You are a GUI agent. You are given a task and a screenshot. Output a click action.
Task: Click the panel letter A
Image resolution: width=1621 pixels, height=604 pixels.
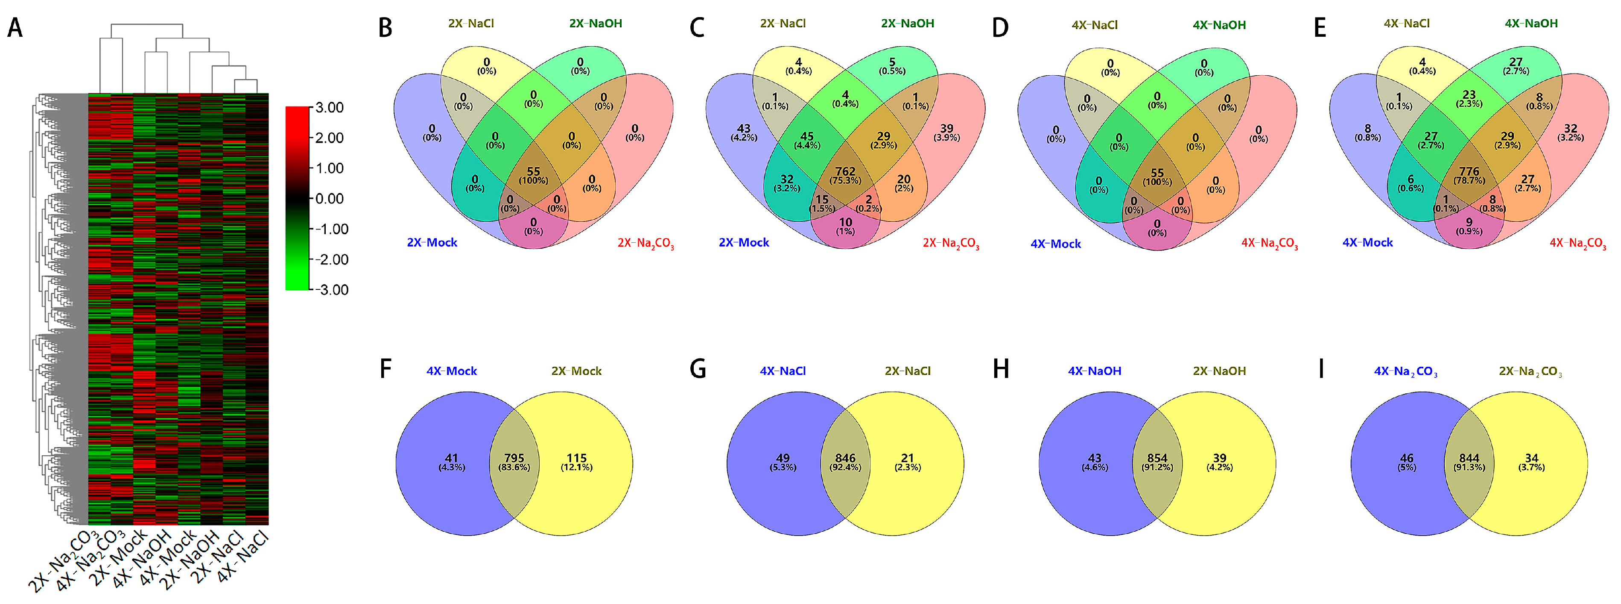coord(15,28)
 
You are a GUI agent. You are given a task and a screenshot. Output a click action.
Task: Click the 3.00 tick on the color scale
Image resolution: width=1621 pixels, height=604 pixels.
coord(329,108)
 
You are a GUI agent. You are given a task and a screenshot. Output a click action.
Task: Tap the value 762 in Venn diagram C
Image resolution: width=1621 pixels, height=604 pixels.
coord(845,171)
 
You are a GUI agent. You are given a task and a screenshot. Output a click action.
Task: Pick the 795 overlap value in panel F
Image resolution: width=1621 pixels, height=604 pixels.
coord(514,459)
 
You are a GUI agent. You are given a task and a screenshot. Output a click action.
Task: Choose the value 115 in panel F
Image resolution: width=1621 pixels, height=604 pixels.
coord(576,459)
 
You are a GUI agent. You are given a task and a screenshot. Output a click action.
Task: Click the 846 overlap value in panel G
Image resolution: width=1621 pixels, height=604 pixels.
coord(845,459)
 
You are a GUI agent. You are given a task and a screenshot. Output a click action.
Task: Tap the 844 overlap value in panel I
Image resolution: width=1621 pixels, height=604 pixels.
coord(1469,459)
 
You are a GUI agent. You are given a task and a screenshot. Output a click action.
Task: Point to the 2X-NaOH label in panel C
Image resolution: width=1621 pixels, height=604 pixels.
coord(907,24)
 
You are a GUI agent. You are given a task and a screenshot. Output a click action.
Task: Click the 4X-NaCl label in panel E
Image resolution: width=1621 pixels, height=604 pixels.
coord(1406,24)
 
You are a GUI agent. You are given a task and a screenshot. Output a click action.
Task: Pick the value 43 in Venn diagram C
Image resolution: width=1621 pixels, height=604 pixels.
coord(744,129)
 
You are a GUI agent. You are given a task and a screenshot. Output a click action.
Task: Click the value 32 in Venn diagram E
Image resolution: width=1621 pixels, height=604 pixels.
coord(1571,129)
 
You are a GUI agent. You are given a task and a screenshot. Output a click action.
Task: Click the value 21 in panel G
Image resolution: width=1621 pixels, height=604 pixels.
coord(907,459)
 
